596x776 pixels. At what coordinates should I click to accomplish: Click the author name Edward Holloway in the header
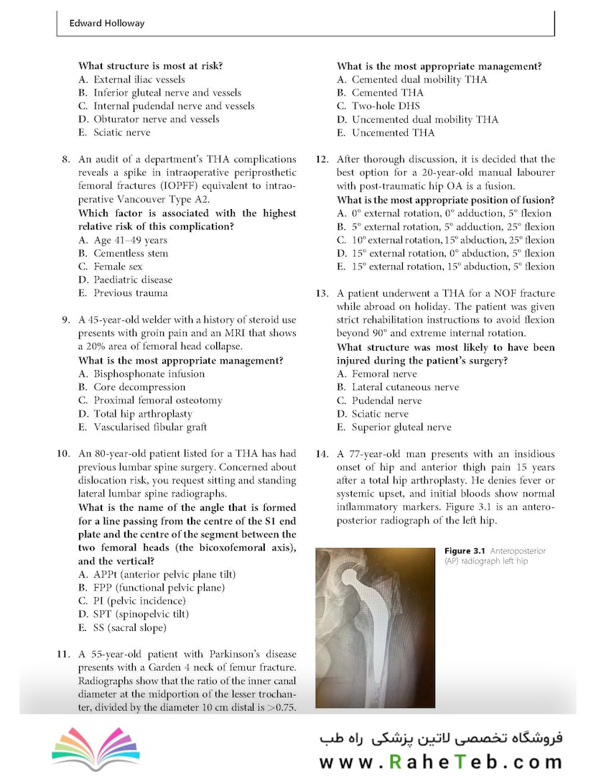107,23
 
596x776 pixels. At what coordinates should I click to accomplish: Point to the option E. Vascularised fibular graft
143,427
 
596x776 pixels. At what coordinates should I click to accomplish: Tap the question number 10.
63,454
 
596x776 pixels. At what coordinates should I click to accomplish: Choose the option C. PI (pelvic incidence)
130,601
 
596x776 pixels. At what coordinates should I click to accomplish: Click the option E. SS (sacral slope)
122,627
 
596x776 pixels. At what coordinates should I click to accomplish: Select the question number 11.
63,655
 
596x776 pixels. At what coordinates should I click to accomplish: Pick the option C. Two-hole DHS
381,106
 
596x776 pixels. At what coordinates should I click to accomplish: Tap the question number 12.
322,160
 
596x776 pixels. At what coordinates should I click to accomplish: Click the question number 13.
322,294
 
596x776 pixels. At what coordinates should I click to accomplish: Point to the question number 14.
322,454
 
